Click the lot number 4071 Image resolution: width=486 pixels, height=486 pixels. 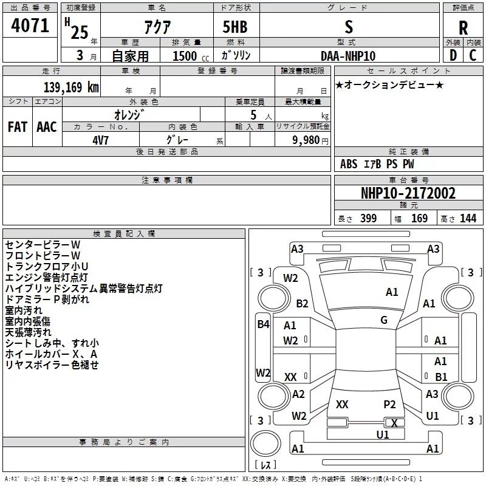[30, 26]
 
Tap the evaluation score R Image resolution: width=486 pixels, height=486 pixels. [463, 28]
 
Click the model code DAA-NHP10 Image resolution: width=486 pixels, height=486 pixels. [348, 56]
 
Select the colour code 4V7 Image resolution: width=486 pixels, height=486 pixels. [101, 139]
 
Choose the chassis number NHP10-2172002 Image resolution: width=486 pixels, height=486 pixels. [408, 194]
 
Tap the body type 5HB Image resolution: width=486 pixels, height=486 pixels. [235, 27]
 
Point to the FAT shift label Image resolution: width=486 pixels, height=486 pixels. [18, 126]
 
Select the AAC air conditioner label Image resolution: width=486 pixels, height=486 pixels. [47, 126]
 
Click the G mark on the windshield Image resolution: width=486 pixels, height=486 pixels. [384, 320]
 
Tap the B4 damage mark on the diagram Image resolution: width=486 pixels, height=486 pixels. [263, 324]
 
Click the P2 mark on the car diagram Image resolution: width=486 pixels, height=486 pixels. [389, 404]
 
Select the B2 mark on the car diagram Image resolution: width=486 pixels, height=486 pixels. [302, 304]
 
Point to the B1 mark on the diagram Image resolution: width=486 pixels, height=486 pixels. [441, 377]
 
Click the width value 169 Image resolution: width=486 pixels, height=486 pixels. [420, 219]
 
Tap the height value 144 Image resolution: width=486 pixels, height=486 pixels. [468, 219]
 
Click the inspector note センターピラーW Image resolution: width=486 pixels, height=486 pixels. [43, 244]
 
